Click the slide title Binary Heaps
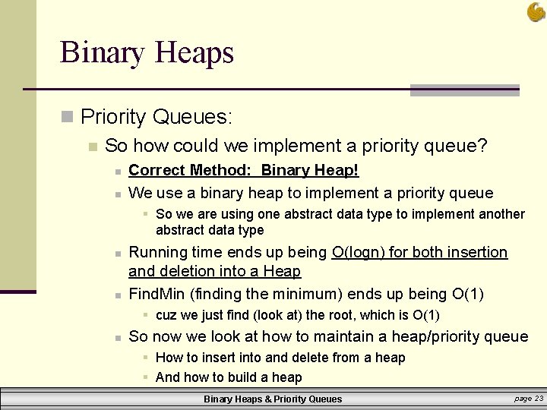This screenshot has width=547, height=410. (147, 53)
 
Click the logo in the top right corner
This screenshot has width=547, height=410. (536, 12)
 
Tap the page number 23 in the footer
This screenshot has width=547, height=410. (539, 398)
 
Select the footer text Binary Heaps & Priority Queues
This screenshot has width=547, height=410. (273, 399)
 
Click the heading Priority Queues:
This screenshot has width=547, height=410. (157, 117)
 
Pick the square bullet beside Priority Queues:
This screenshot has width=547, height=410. (67, 117)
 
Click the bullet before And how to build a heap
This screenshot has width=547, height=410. (145, 377)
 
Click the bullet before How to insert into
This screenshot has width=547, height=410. (145, 358)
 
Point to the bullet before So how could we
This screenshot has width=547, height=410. (92, 146)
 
